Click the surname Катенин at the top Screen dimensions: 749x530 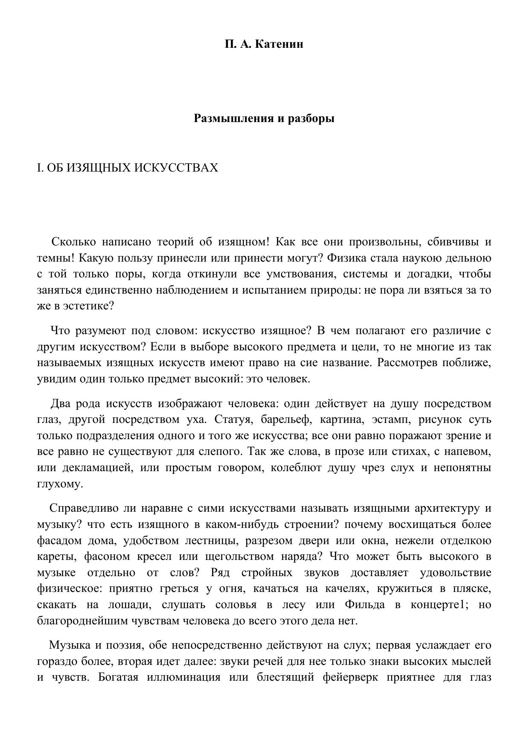coord(279,44)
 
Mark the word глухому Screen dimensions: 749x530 coord(60,484)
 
